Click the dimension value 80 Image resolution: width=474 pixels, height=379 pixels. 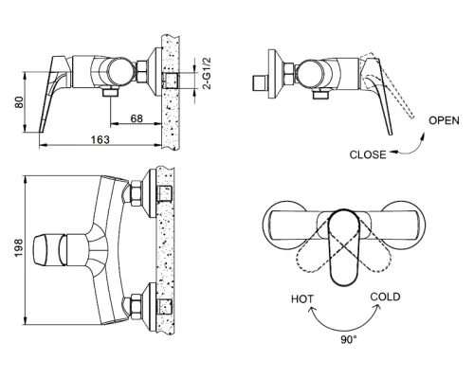[16, 100]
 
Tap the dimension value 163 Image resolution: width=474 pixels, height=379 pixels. [101, 139]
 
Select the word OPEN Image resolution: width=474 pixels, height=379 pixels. [444, 120]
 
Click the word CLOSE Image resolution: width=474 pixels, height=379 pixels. [368, 153]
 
